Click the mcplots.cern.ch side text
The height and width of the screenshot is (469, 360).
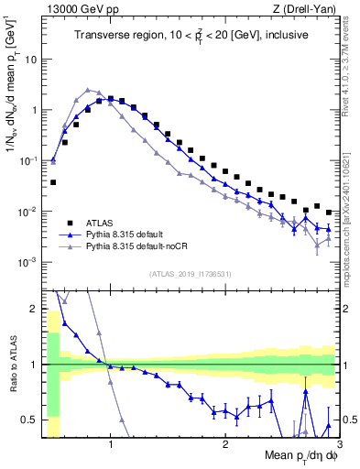(351, 220)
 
